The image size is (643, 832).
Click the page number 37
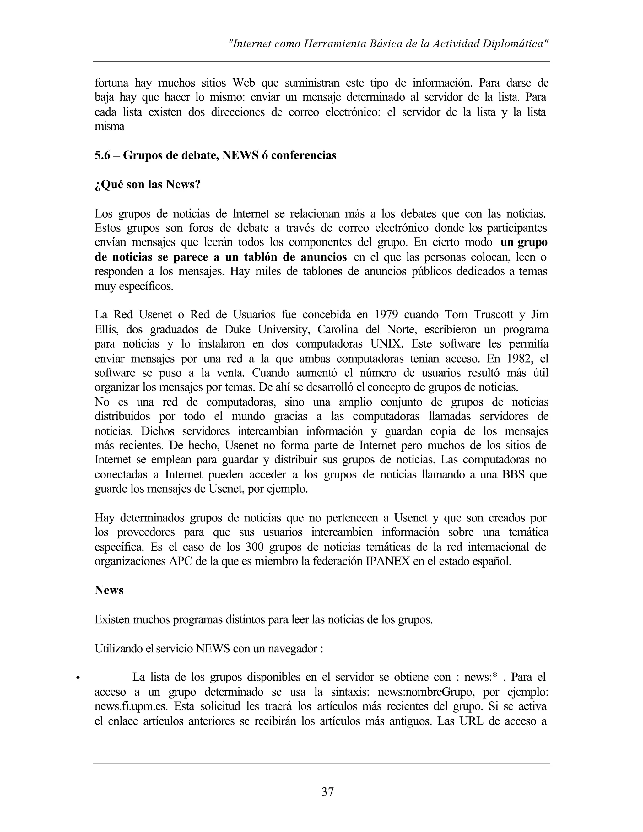click(327, 792)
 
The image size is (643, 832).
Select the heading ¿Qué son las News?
click(148, 185)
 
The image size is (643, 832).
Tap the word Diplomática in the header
click(515, 44)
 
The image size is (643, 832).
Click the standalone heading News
click(109, 590)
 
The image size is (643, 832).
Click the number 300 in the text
click(254, 547)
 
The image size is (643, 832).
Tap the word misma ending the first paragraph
click(109, 127)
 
